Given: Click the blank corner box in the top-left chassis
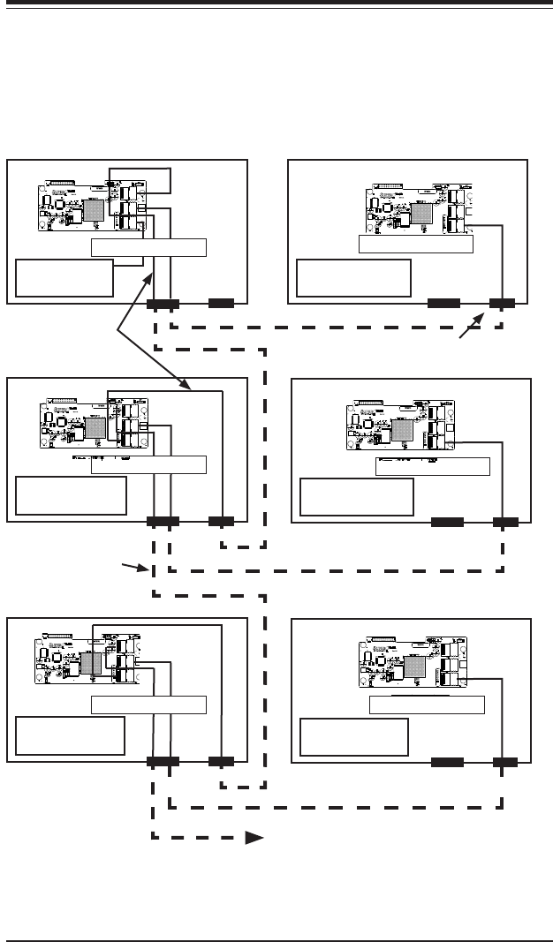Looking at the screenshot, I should pyautogui.click(x=64, y=278).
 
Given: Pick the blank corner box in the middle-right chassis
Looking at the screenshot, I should pyautogui.click(x=357, y=497).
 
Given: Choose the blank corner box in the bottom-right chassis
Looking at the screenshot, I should pyautogui.click(x=354, y=737).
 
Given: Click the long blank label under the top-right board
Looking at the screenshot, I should pyautogui.click(x=416, y=245).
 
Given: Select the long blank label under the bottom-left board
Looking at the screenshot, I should pyautogui.click(x=148, y=705).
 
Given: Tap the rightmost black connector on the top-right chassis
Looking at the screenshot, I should pyautogui.click(x=503, y=304).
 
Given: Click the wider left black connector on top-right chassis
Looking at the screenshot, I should pyautogui.click(x=443, y=304).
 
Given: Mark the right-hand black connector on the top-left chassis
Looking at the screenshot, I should pyautogui.click(x=221, y=304).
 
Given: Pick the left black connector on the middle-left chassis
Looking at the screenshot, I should pyautogui.click(x=163, y=522).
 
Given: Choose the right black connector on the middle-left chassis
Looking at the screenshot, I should pyautogui.click(x=221, y=522).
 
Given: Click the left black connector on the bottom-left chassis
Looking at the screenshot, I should pyautogui.click(x=163, y=761).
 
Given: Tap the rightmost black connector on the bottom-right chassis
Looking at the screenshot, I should pyautogui.click(x=504, y=761).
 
